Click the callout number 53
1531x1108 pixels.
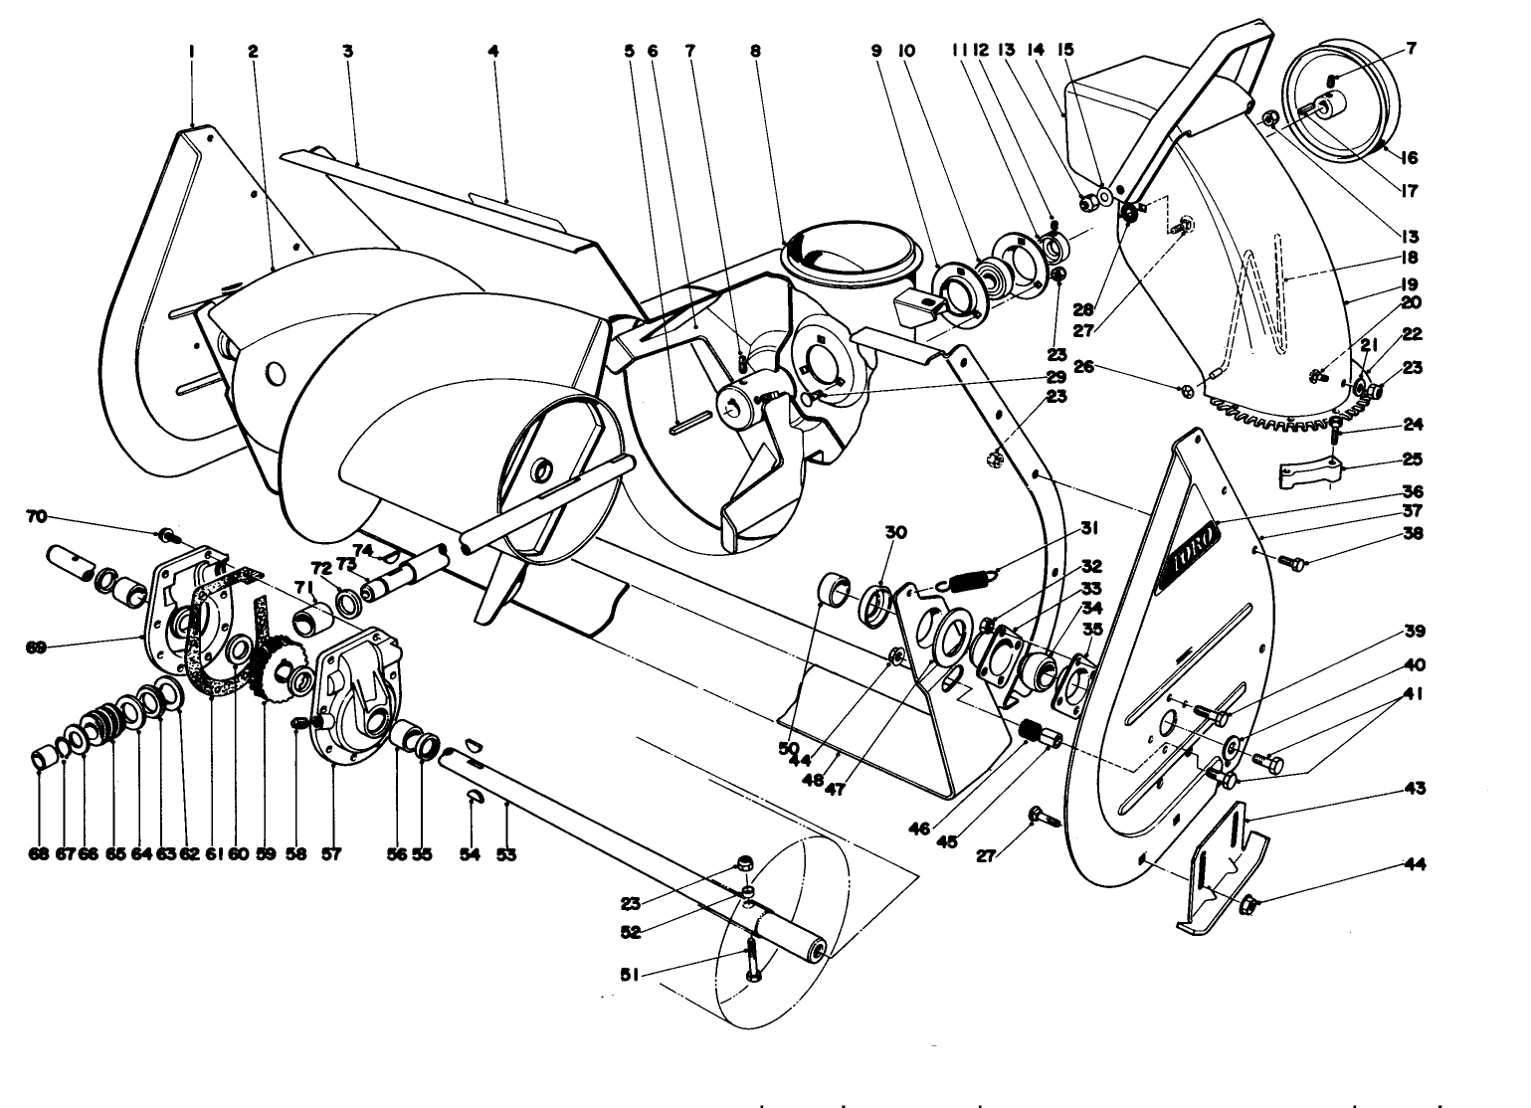click(x=507, y=853)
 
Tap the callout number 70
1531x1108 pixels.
click(x=36, y=516)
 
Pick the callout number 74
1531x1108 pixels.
click(x=362, y=549)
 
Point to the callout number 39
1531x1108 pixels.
click(x=1415, y=631)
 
